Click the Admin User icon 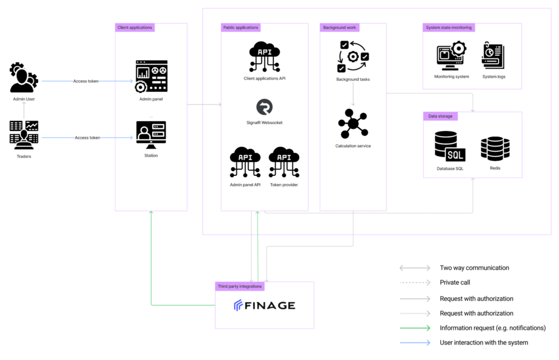coord(24,78)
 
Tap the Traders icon coord(24,135)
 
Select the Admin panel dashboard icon coord(151,76)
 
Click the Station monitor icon coord(151,135)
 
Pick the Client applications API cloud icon coord(265,56)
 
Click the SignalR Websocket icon coord(265,107)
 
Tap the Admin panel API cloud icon coord(245,162)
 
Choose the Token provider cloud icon coord(284,162)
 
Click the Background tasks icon coord(353,56)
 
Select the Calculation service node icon coord(353,124)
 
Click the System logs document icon coord(493,55)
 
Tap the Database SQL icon coord(450,146)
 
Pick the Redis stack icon coord(495,149)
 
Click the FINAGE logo coord(265,305)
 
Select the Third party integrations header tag coord(240,286)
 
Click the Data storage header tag coord(441,116)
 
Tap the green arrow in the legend coord(415,328)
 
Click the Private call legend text coord(455,282)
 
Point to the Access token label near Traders coord(87,138)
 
